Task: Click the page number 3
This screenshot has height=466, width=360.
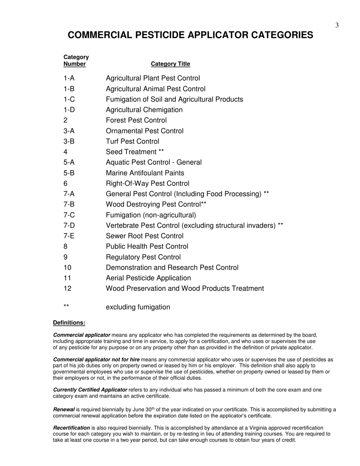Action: pos(337,25)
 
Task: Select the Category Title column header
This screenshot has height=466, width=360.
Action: pos(171,64)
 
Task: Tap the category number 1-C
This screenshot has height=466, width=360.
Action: pos(69,99)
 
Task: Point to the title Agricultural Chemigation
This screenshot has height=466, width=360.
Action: pos(144,110)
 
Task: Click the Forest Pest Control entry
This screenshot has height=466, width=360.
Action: pos(136,120)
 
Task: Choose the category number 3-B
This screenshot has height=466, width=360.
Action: pos(69,141)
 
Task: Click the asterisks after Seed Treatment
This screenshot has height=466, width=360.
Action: pos(161,152)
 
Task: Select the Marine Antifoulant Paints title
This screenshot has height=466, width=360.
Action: pos(145,173)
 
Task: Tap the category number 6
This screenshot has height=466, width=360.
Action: pos(66,183)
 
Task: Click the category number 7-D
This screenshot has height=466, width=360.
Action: pos(69,225)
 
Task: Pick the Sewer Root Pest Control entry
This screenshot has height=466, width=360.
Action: pos(144,236)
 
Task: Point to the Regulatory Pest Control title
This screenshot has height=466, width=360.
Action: pos(143,257)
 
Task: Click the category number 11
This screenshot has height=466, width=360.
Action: pos(67,278)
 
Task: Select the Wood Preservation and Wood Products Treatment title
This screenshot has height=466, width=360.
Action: pos(185,289)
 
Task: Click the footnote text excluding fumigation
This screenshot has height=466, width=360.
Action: pos(138,307)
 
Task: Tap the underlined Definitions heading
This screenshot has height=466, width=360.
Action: pos(69,323)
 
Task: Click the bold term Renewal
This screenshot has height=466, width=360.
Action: pos(64,410)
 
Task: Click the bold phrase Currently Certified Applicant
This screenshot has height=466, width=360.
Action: pos(90,390)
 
